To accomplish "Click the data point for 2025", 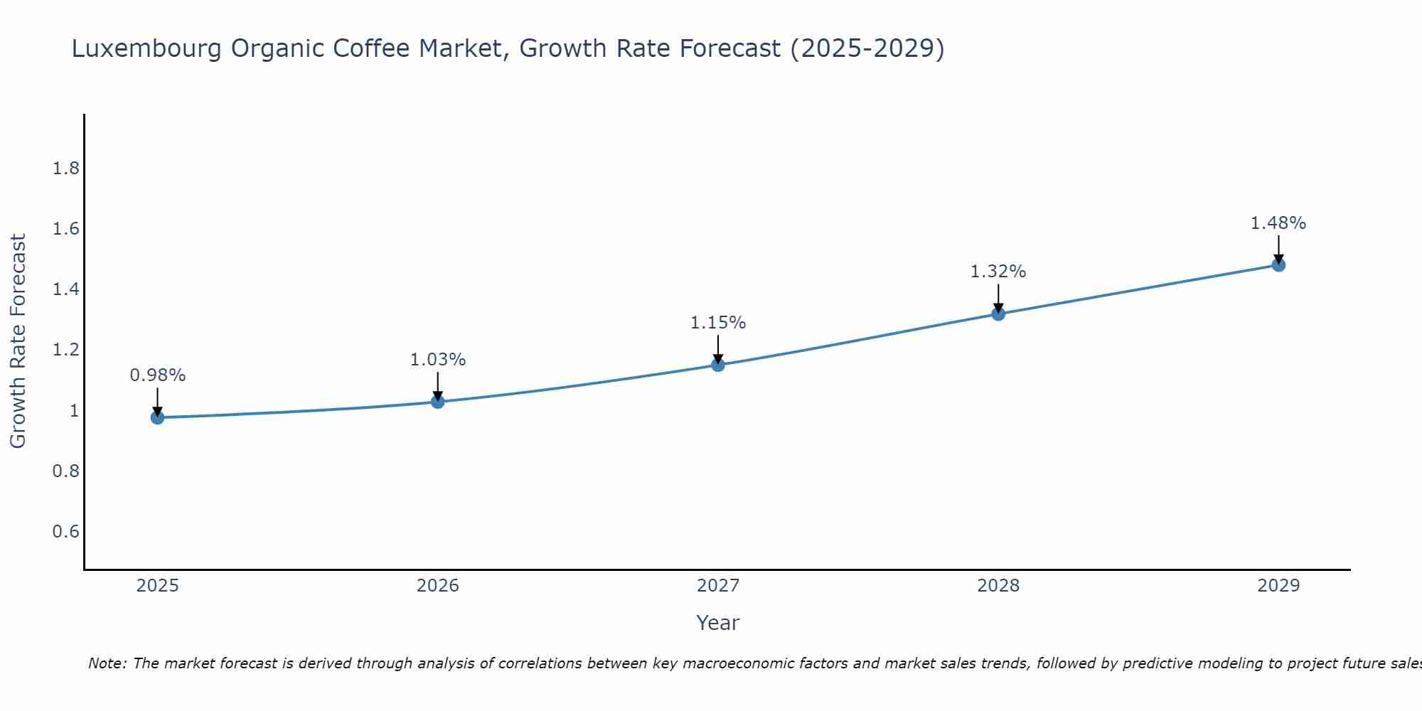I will [157, 417].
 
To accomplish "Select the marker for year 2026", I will [437, 402].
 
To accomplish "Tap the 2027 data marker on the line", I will [718, 365].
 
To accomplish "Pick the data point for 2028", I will [998, 314].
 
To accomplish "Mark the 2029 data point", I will [1278, 265].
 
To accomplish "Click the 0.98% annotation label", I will [157, 375].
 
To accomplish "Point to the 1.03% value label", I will [437, 360].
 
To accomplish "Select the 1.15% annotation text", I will [718, 323].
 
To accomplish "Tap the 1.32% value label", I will [998, 272].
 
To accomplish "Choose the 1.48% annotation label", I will [1278, 223].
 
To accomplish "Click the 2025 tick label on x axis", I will [157, 586].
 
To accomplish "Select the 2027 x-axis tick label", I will [718, 586].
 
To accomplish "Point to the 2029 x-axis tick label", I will [1278, 586].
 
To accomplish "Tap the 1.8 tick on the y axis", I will [66, 169].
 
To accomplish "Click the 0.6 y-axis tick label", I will [66, 532].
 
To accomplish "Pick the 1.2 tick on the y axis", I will [66, 350].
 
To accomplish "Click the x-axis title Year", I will [718, 623].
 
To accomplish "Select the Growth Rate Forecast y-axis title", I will [18, 341].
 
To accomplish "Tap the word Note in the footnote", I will [107, 663].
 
